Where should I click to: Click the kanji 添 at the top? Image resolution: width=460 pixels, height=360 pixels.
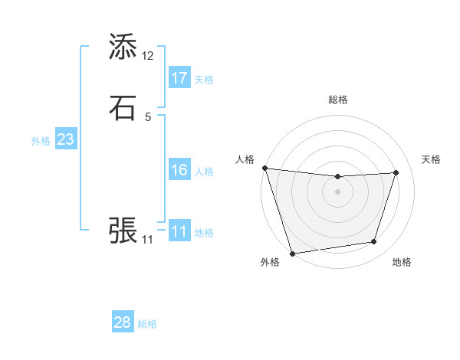pyautogui.click(x=123, y=47)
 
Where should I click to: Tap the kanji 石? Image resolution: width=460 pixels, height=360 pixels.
pyautogui.click(x=123, y=108)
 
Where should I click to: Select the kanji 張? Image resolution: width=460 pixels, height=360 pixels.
pyautogui.click(x=123, y=230)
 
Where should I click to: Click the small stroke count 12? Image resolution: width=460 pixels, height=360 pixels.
pyautogui.click(x=148, y=56)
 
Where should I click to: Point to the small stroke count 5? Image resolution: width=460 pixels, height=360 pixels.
pyautogui.click(x=148, y=117)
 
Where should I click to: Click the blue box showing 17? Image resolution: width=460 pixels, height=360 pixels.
pyautogui.click(x=179, y=78)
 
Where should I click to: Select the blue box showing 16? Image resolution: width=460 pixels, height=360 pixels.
pyautogui.click(x=179, y=170)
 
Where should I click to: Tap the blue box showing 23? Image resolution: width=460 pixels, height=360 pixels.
pyautogui.click(x=65, y=139)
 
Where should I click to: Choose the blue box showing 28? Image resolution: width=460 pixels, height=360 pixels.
pyautogui.click(x=123, y=322)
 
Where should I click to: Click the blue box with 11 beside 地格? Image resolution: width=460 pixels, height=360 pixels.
pyautogui.click(x=179, y=231)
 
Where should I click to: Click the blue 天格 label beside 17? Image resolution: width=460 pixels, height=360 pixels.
pyautogui.click(x=204, y=80)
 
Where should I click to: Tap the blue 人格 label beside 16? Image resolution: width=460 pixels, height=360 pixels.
pyautogui.click(x=204, y=172)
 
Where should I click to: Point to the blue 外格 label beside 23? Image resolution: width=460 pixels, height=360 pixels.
pyautogui.click(x=41, y=141)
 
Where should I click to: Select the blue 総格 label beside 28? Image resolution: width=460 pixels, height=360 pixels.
pyautogui.click(x=147, y=324)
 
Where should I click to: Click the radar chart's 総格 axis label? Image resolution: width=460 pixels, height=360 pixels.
pyautogui.click(x=338, y=100)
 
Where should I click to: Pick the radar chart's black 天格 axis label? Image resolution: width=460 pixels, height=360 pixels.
pyautogui.click(x=431, y=159)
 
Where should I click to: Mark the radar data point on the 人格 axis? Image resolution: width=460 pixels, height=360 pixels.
pyautogui.click(x=264, y=168)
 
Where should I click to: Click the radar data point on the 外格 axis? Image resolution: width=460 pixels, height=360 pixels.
pyautogui.click(x=293, y=253)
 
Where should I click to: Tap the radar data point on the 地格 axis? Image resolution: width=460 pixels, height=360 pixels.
pyautogui.click(x=374, y=242)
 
